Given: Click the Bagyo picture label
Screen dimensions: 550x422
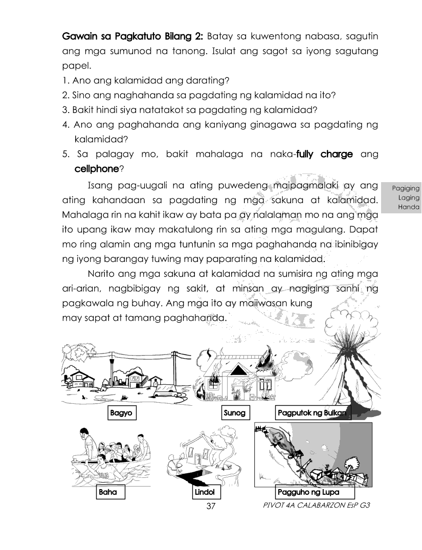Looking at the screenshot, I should point(123,413).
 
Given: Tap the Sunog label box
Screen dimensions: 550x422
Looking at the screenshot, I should point(235,413).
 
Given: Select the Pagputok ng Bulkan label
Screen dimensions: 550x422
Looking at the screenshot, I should point(312,413).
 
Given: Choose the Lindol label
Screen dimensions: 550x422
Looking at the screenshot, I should point(204,493).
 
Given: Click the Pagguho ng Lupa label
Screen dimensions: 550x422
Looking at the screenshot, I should point(307,493).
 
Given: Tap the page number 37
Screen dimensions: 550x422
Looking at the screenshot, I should point(211,506).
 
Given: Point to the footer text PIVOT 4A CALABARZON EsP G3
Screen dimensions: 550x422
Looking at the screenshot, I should point(315,505).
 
